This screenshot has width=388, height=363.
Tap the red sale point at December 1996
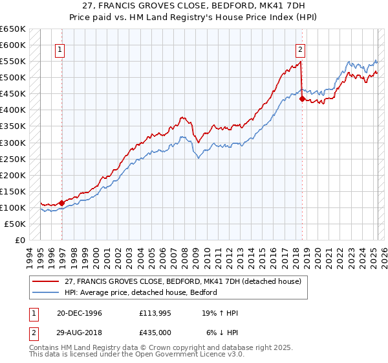point(62,203)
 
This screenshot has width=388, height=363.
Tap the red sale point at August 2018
point(302,99)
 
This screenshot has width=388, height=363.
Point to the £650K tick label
point(13,29)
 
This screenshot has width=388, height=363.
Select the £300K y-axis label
point(13,143)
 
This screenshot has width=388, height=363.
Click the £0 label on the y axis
point(19,240)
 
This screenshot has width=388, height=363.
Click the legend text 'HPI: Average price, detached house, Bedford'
point(139,292)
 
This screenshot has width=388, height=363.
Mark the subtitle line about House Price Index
point(194,18)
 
